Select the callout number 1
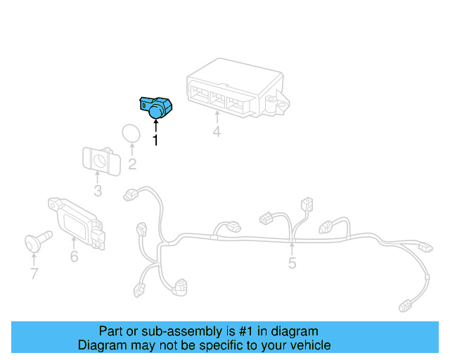point(155,140)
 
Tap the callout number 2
point(132,165)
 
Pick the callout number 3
point(98,191)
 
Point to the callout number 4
point(217,131)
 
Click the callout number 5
point(292,264)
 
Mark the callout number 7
point(34,274)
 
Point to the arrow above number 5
point(292,248)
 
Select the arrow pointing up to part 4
point(217,118)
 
